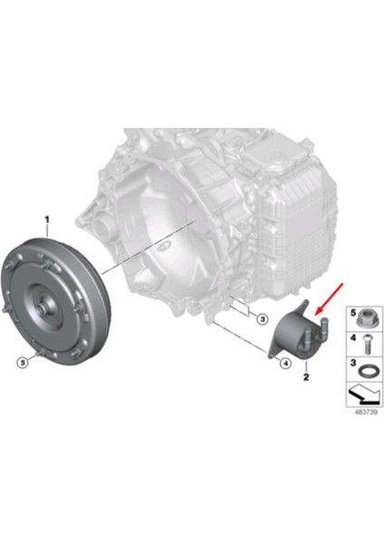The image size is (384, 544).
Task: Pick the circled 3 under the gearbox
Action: click(261, 318)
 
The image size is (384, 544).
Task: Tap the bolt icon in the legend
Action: click(365, 345)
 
